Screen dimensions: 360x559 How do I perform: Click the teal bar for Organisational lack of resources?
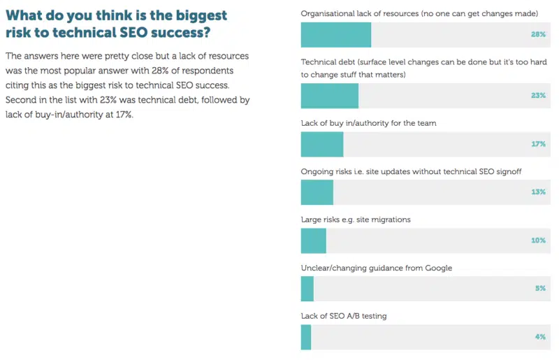(335, 34)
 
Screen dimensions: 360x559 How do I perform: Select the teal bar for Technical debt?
(330, 96)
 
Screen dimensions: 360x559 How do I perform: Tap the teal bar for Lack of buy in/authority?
(322, 144)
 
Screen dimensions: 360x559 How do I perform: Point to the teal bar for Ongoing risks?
(317, 192)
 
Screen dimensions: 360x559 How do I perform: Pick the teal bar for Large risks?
(314, 240)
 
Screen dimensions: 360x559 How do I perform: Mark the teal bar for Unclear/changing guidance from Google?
(307, 289)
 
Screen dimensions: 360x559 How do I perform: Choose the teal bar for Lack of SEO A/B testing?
(306, 337)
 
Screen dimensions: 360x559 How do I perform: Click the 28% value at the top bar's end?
(537, 34)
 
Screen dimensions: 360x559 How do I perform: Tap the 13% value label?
(537, 192)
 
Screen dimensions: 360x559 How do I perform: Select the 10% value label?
(537, 240)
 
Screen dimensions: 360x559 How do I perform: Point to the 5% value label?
(539, 289)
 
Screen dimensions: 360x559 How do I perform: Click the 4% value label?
(539, 337)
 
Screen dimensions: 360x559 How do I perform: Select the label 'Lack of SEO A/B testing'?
(344, 316)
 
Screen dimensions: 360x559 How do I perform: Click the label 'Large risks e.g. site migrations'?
(356, 219)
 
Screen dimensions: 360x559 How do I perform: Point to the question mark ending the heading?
(206, 33)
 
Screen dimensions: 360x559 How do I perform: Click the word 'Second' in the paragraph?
(21, 101)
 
